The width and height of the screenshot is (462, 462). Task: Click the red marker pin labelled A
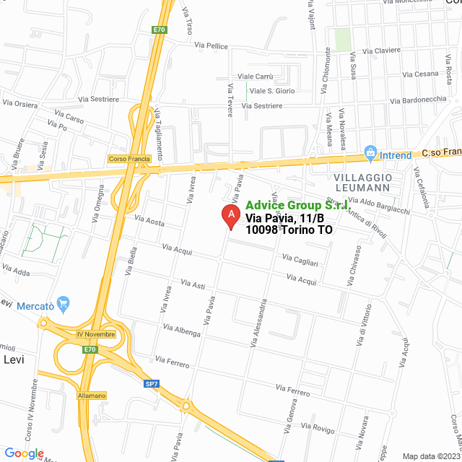click(230, 215)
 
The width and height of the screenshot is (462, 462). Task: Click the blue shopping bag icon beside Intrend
click(371, 153)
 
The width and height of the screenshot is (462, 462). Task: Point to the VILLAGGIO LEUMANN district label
click(363, 182)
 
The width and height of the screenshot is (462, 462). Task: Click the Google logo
click(25, 453)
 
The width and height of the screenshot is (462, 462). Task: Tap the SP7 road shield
click(151, 383)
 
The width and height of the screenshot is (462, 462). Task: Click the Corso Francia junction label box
click(128, 159)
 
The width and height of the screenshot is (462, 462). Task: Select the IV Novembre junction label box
click(95, 335)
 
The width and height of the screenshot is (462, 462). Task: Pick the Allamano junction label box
click(92, 396)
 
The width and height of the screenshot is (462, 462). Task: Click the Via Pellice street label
click(212, 46)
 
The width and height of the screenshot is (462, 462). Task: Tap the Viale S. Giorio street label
click(272, 91)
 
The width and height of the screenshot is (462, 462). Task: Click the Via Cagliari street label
click(300, 258)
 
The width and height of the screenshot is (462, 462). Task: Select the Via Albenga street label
click(182, 331)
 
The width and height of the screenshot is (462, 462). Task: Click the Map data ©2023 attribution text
click(431, 456)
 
